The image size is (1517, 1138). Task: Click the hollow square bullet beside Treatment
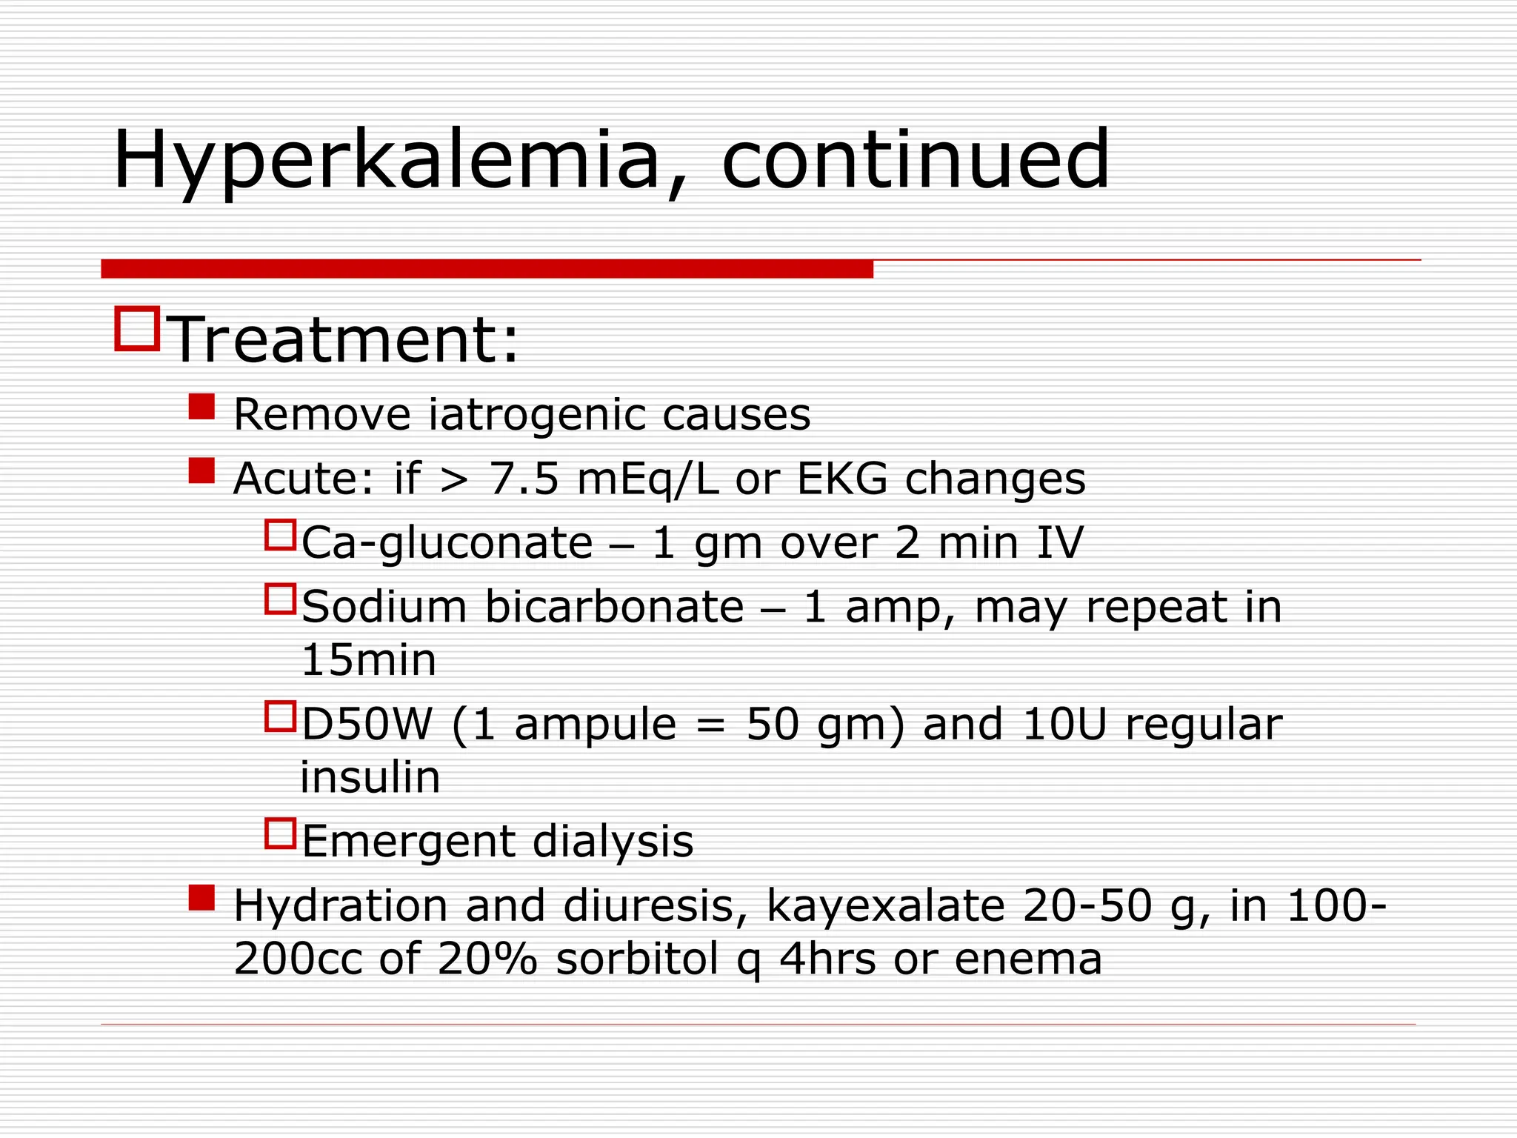(138, 328)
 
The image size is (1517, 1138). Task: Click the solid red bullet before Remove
(201, 407)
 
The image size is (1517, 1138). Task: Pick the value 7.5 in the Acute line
(524, 479)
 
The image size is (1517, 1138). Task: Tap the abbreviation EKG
(842, 479)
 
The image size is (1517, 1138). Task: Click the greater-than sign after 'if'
(454, 480)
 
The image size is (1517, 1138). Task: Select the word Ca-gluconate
(447, 543)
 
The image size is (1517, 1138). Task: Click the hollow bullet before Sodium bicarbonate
(281, 599)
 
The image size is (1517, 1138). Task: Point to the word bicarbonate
(614, 607)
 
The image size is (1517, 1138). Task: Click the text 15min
(368, 660)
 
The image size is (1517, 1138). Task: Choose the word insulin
(370, 777)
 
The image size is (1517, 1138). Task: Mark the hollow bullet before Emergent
(281, 833)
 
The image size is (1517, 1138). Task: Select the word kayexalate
(885, 905)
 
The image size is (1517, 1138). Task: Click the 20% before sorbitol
(487, 959)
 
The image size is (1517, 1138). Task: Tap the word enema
(1028, 959)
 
